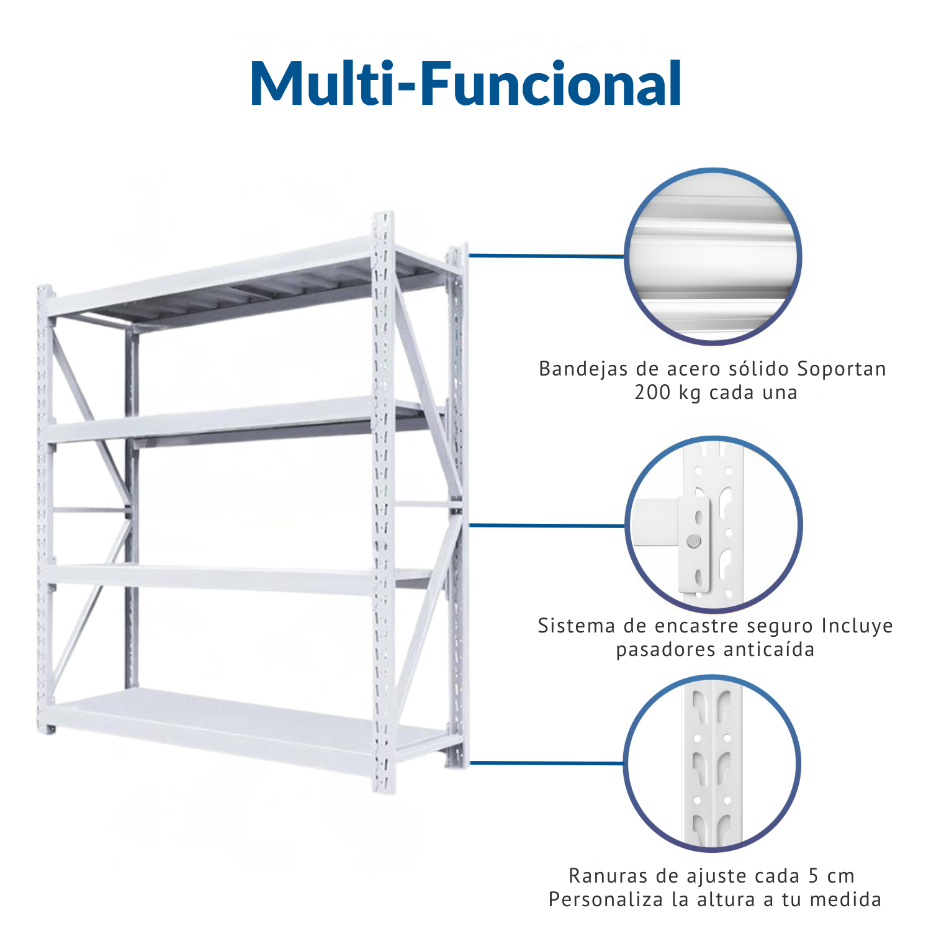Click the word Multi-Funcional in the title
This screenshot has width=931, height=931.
pyautogui.click(x=466, y=84)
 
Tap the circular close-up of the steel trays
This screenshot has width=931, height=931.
pyautogui.click(x=713, y=256)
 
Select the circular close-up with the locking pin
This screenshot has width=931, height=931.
pyautogui.click(x=713, y=525)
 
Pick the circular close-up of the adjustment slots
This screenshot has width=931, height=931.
pyautogui.click(x=712, y=763)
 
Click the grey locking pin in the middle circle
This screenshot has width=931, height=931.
pyautogui.click(x=695, y=541)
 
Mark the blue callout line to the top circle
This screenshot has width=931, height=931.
pyautogui.click(x=546, y=255)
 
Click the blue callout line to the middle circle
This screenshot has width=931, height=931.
pyautogui.click(x=547, y=525)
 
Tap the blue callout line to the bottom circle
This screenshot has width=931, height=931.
pyautogui.click(x=546, y=762)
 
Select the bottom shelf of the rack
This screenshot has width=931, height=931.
pyautogui.click(x=248, y=726)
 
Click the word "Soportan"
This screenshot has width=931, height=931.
pyautogui.click(x=842, y=369)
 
